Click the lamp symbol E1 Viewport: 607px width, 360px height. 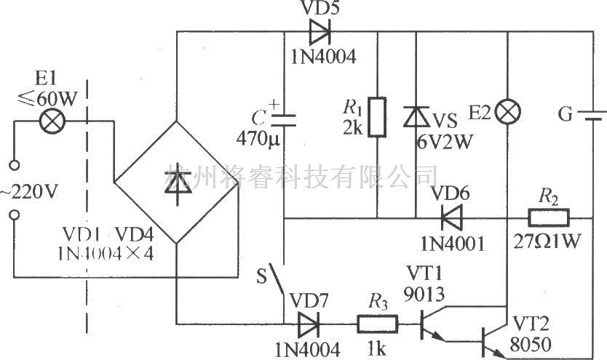coord(53,121)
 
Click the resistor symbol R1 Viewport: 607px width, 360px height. coord(377,117)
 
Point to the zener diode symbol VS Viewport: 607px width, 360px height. coord(416,116)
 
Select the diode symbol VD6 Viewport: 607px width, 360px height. coord(447,217)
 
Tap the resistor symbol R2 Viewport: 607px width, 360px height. coord(548,217)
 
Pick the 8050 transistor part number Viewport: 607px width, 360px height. coord(531,343)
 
